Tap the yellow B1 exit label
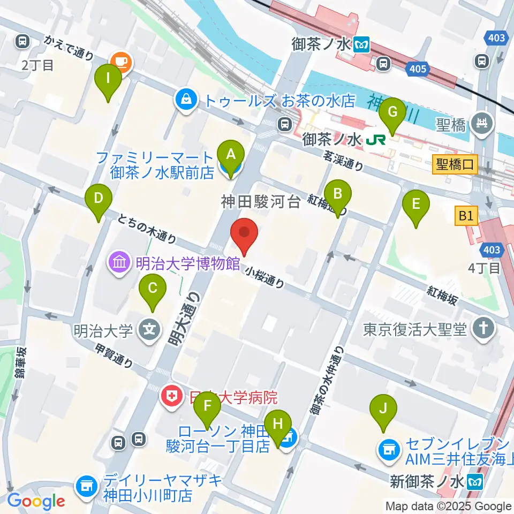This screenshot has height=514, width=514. coord(466,217)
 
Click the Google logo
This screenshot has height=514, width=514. coord(36,502)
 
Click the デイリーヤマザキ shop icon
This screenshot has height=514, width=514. coord(85,487)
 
